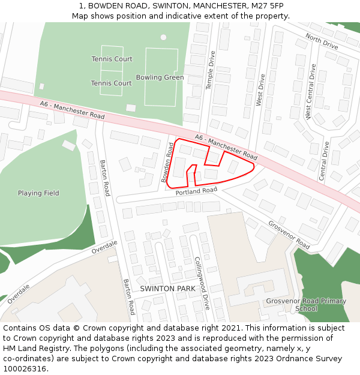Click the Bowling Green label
pyautogui.click(x=160, y=77)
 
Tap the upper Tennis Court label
pyautogui.click(x=112, y=59)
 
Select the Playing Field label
pyautogui.click(x=38, y=193)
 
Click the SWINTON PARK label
pyautogui.click(x=167, y=289)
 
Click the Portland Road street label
pyautogui.click(x=196, y=191)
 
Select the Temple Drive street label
pyautogui.click(x=211, y=70)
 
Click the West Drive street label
pyautogui.click(x=260, y=90)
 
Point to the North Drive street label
pyautogui.click(x=322, y=41)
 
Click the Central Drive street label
pyautogui.click(x=324, y=161)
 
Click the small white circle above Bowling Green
pyautogui.click(x=163, y=37)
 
